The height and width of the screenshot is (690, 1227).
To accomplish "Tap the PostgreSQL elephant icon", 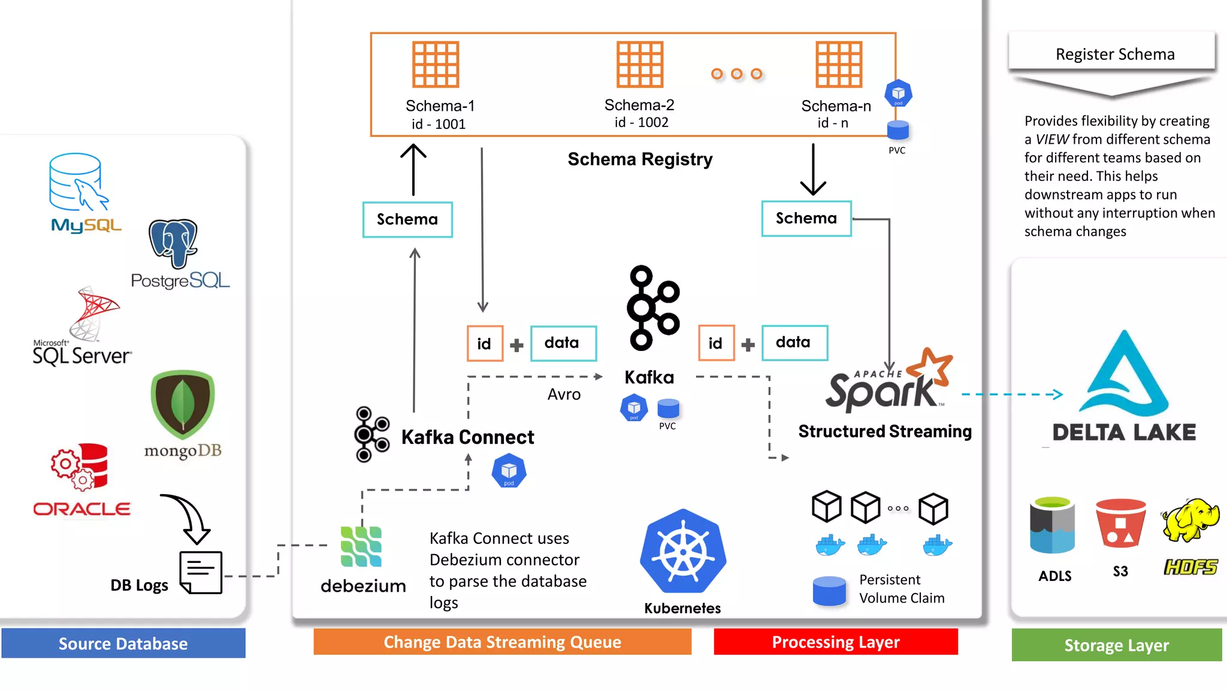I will tap(173, 243).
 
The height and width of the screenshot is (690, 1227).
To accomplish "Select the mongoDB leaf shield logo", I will tap(183, 404).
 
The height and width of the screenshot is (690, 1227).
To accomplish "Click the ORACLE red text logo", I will tap(82, 509).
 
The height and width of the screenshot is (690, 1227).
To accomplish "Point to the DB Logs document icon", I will tap(201, 572).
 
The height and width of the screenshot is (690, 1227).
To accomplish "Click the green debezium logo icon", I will tap(361, 546).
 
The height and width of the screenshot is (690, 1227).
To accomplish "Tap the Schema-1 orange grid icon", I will tap(436, 65).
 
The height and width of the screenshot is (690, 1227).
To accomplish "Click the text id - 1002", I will tap(641, 122).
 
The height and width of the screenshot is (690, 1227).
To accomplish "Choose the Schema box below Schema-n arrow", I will tap(806, 219).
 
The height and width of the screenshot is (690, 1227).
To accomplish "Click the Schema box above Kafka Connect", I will tap(407, 220).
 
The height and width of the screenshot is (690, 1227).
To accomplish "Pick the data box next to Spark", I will tap(794, 343).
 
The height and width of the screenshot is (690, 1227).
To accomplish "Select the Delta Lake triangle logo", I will tap(1123, 374).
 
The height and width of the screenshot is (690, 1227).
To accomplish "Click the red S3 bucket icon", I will tap(1120, 523).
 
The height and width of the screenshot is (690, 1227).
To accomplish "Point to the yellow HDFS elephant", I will tap(1190, 519).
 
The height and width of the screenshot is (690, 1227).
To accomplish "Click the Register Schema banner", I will tap(1114, 54).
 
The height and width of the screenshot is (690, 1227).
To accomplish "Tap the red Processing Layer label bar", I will tap(835, 642).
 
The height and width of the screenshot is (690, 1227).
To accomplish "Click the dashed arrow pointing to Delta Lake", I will tap(1013, 394).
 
